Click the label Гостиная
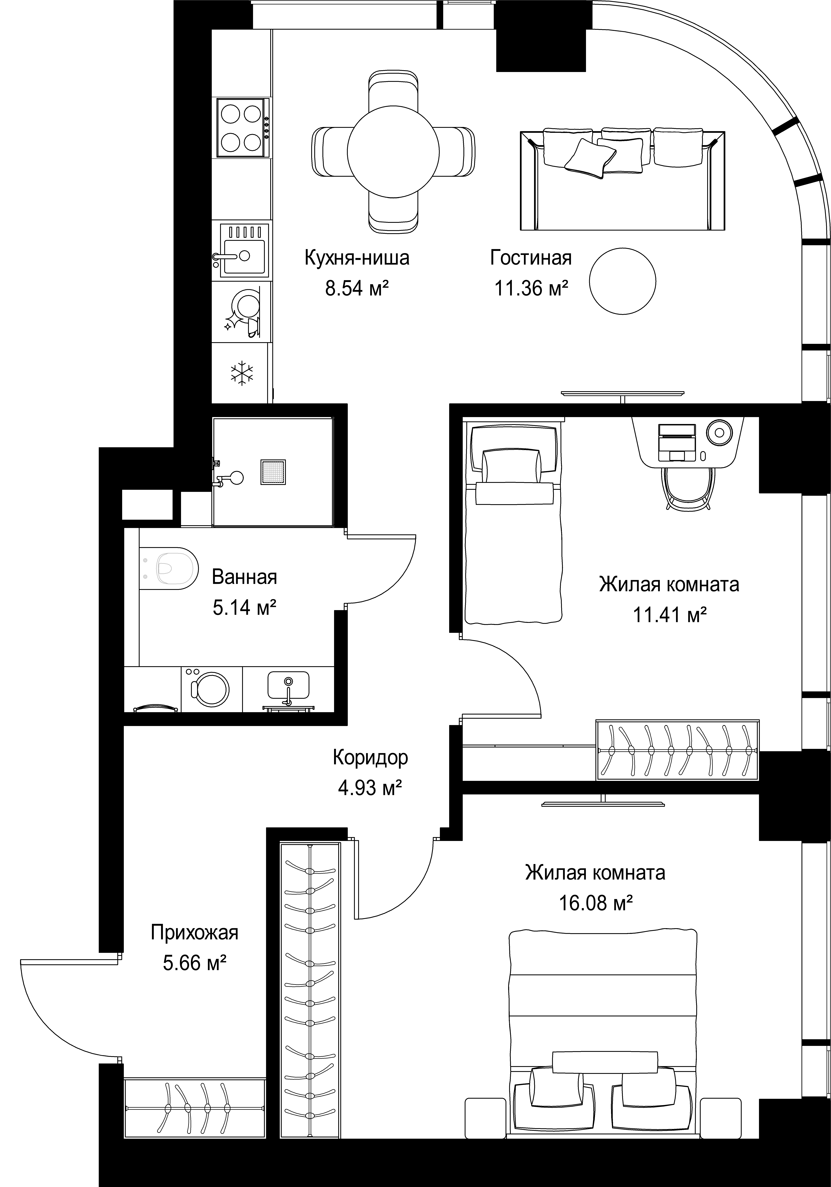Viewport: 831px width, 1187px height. pos(531,257)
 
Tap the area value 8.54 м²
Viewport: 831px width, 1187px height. pos(357,288)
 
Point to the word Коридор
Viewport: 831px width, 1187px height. pos(370,757)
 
